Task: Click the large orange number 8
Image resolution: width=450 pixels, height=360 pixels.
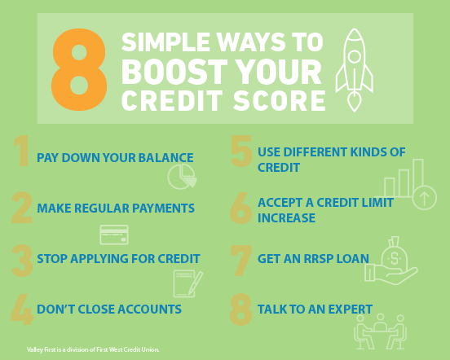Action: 79,69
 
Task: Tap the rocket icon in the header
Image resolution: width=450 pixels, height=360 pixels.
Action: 355,70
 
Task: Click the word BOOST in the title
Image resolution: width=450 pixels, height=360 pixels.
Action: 174,72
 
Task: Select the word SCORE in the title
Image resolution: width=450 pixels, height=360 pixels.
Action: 279,100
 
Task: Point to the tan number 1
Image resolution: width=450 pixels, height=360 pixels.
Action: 22,151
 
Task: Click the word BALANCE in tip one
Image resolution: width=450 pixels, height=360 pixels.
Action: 165,158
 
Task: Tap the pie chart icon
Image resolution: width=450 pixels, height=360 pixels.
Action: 182,177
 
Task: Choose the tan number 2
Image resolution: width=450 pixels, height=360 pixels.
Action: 22,208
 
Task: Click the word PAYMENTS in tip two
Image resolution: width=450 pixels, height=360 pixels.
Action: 163,208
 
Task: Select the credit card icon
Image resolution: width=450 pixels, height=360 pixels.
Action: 114,235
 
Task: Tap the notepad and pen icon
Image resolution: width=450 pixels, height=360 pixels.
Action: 188,283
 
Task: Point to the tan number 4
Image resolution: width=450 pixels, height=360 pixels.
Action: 22,310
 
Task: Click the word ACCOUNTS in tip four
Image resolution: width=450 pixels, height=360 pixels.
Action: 149,310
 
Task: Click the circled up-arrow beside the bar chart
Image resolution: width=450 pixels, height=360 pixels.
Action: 425,197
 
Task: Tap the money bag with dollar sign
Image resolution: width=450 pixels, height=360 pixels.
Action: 395,253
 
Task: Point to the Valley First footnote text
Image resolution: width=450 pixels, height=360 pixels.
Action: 93,349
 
